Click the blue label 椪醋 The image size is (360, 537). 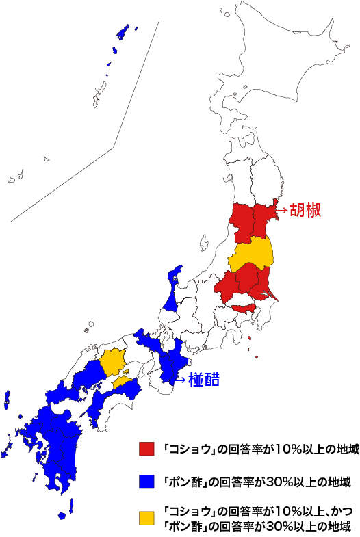click(204, 378)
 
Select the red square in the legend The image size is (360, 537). click(145, 449)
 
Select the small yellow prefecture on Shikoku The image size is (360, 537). click(123, 381)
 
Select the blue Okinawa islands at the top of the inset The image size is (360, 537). click(123, 32)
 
